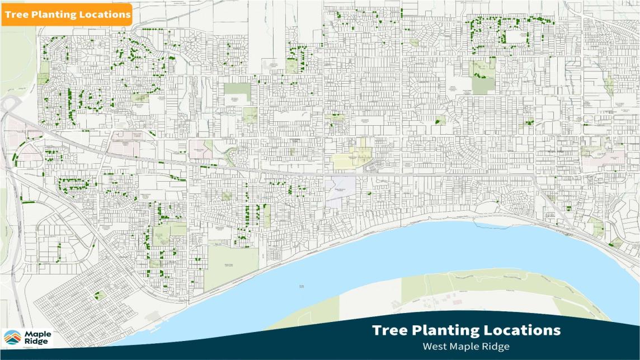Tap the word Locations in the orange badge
click(x=103, y=15)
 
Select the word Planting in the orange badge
click(x=54, y=15)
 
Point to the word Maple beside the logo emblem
click(x=37, y=334)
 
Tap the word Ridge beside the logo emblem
click(x=36, y=342)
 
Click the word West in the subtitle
click(x=435, y=346)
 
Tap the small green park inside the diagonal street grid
click(x=100, y=295)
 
